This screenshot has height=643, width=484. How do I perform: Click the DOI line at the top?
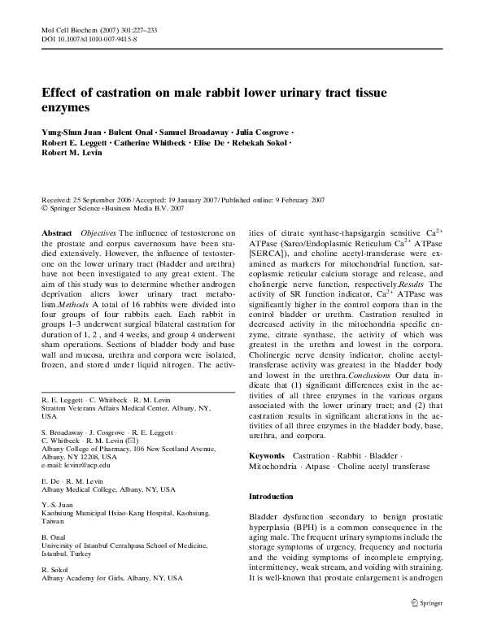click(x=89, y=38)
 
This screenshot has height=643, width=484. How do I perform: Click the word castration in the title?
click(x=117, y=93)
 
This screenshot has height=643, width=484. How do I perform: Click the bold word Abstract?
click(x=56, y=233)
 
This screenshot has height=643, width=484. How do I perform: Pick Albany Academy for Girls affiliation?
click(x=111, y=578)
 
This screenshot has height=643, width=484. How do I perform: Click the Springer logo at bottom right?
click(x=424, y=602)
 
